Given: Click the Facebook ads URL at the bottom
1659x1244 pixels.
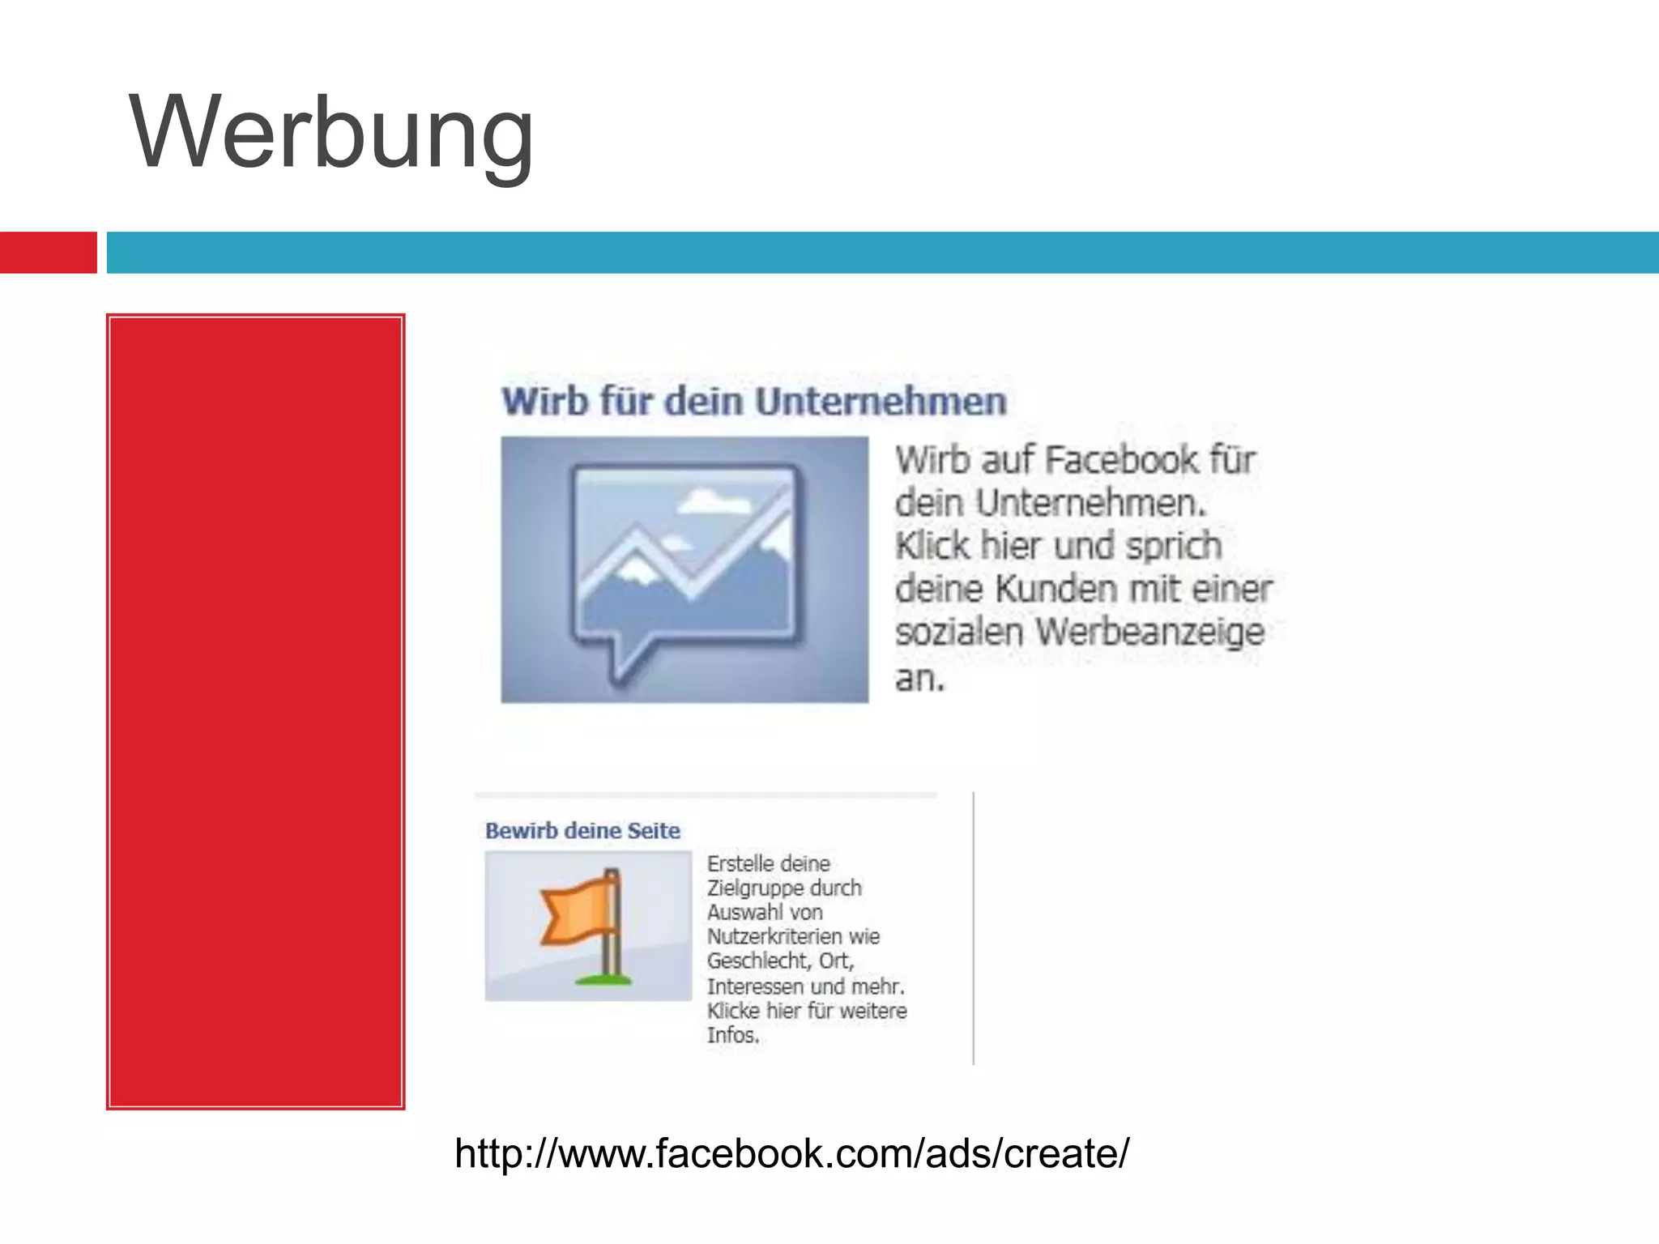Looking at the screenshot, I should coord(791,1153).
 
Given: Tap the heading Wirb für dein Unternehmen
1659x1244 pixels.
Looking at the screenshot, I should coord(753,402).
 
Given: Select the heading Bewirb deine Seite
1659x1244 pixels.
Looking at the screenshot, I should coord(582,831).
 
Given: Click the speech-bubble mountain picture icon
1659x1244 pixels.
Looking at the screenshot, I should coord(684,569).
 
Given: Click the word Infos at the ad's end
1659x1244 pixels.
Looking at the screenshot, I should coord(732,1035).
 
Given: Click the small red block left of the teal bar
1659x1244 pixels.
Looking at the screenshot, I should coord(48,253).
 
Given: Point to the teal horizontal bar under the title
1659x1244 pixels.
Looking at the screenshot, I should coord(883,253).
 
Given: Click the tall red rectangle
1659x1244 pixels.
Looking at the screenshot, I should coord(255,711).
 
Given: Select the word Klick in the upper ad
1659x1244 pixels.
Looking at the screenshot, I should coord(932,546).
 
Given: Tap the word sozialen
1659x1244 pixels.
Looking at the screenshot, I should coord(959,633).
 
